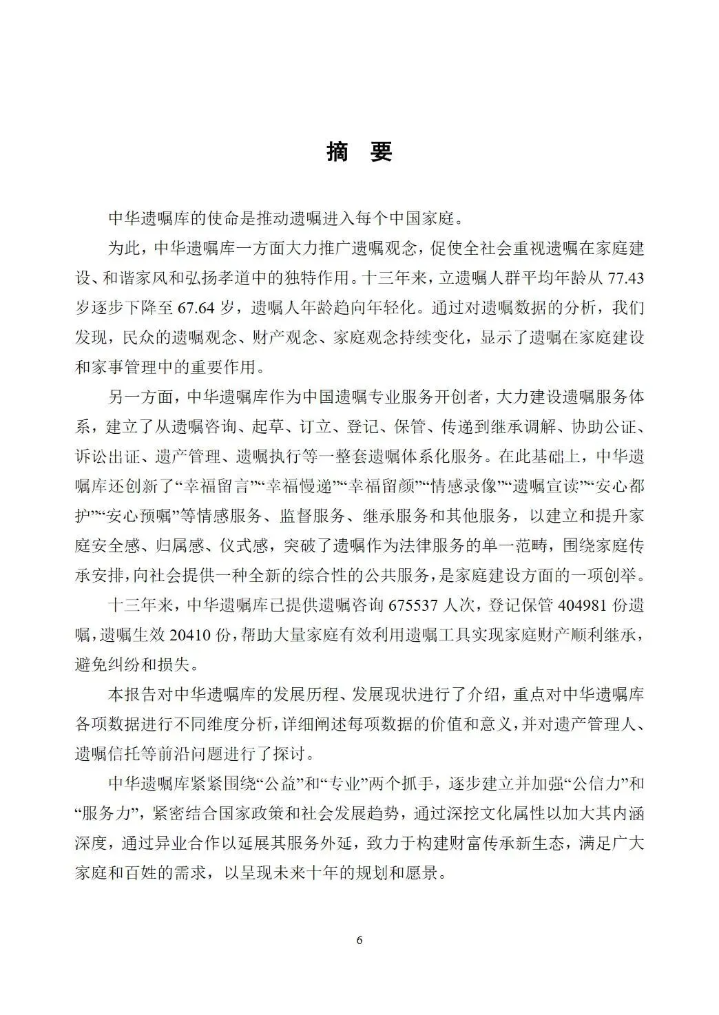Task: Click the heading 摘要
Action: [x=359, y=153]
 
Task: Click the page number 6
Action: [x=359, y=941]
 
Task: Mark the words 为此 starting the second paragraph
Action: [x=123, y=248]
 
